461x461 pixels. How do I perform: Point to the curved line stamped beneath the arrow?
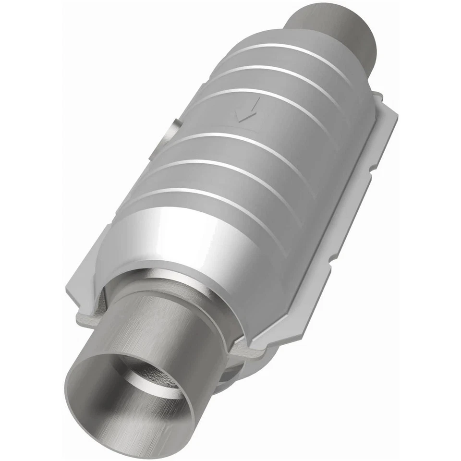coord(245,128)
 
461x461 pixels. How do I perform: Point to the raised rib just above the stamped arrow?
coord(269,98)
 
